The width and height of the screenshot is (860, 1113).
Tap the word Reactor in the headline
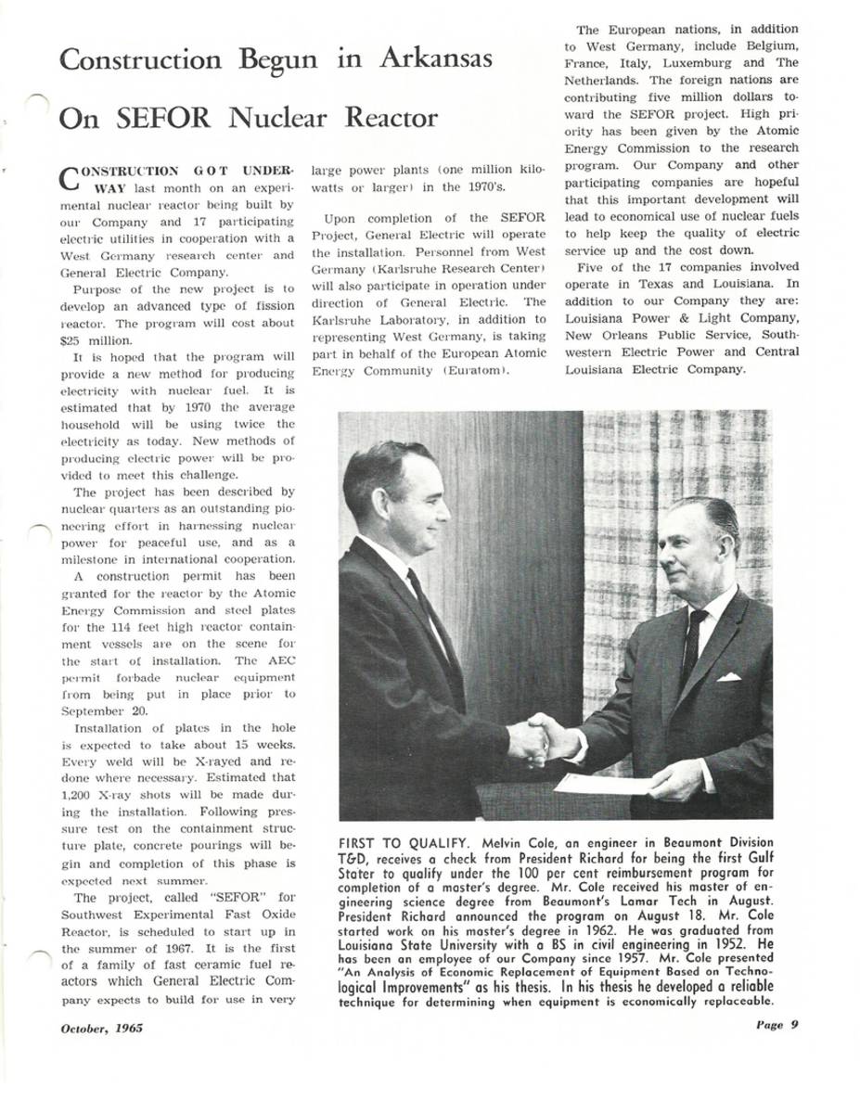[391, 120]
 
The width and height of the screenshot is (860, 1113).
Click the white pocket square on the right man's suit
[728, 676]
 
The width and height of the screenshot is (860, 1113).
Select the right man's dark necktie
[690, 639]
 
